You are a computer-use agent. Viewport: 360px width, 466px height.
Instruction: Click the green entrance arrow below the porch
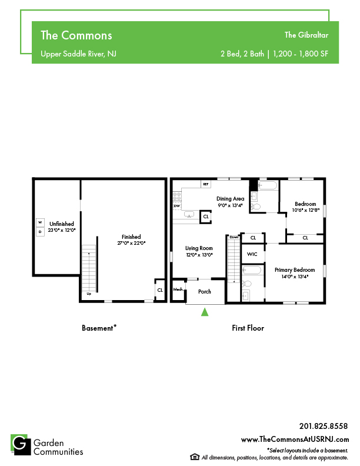pos(205,312)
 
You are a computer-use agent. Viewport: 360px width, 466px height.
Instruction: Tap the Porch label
pos(205,292)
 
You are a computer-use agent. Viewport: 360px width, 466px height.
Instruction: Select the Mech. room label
pos(178,289)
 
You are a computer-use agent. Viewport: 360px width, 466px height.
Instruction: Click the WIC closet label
pos(252,254)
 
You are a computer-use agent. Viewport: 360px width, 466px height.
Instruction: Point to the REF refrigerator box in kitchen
pos(206,184)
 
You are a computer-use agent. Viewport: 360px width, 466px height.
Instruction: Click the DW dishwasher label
pos(176,206)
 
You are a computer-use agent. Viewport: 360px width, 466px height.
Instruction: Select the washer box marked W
pos(40,222)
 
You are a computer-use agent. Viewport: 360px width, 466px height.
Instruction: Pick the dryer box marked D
pos(40,232)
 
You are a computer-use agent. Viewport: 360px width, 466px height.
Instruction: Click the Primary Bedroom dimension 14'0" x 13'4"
pos(295,277)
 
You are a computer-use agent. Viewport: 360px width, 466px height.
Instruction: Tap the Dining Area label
pos(230,198)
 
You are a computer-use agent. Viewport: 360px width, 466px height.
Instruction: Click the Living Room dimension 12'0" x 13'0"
pos(199,255)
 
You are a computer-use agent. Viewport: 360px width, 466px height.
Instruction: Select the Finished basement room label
pos(131,237)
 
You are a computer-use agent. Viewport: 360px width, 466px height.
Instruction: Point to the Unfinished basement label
pos(62,224)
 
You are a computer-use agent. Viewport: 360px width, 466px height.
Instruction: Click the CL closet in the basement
pos(160,290)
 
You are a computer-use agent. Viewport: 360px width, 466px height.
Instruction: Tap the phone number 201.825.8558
pos(323,426)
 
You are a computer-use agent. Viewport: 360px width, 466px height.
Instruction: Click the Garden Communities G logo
pos(21,445)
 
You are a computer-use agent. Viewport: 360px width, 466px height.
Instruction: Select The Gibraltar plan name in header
pos(306,35)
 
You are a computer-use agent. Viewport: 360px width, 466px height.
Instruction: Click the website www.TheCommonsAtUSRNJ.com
pos(295,440)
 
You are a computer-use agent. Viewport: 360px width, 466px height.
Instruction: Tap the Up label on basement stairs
pos(89,294)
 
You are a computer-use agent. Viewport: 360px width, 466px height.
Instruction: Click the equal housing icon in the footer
pos(195,457)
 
